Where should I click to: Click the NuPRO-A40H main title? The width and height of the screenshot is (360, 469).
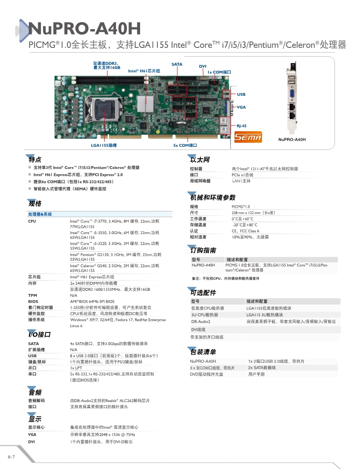point(85,29)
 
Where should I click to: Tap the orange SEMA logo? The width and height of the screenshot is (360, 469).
point(248,137)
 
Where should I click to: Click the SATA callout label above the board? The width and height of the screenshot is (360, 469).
point(177,64)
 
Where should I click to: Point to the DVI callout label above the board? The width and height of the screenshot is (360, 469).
point(203,66)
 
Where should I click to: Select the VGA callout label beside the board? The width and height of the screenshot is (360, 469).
point(241,107)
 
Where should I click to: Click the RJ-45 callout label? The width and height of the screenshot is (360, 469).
point(242,126)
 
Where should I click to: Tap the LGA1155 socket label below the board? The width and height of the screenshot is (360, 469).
point(104,145)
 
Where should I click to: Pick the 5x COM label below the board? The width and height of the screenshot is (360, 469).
point(185,145)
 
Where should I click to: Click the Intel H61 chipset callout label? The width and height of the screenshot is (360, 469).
point(144,71)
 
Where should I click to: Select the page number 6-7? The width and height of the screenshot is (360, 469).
point(12,457)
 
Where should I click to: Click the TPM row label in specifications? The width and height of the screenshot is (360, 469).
point(33,295)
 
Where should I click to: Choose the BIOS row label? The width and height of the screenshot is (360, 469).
point(33,301)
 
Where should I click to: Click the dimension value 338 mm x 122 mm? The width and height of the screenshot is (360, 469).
point(253,213)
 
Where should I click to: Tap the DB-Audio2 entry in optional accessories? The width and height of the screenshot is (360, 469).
point(201,321)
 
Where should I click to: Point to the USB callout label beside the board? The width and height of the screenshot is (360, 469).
point(241,94)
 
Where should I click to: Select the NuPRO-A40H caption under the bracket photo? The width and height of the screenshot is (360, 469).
point(292,139)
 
